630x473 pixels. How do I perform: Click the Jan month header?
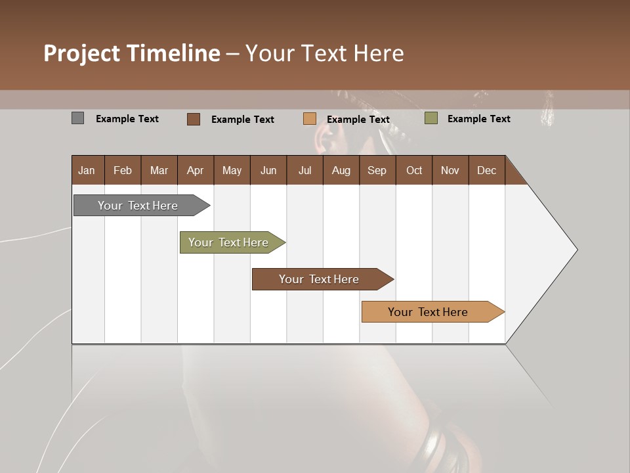87,170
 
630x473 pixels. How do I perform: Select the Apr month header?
196,170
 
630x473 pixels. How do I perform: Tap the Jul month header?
304,170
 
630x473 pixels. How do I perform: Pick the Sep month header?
377,170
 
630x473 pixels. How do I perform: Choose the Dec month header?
486,170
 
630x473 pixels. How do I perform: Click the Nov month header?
450,170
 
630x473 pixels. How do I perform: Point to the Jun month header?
268,170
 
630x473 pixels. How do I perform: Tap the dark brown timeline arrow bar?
320,279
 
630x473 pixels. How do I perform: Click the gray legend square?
77,118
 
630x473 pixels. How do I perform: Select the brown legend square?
193,119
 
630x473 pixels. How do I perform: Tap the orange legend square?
309,119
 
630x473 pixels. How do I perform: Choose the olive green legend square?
430,118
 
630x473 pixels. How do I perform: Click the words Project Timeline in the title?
131,53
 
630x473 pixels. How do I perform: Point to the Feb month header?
123,170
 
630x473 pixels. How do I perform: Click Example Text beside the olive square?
478,119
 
